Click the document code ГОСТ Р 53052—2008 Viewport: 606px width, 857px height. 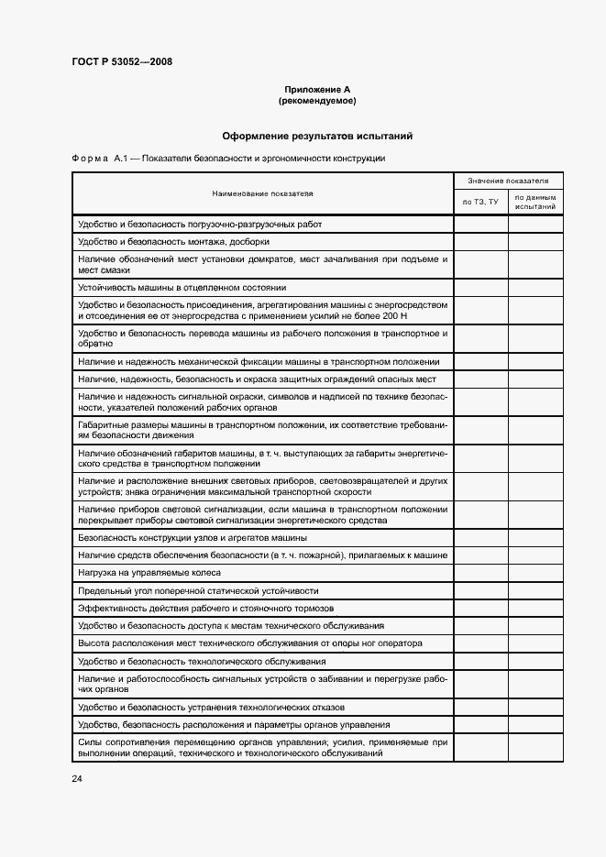click(121, 62)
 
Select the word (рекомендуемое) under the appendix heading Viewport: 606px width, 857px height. click(317, 100)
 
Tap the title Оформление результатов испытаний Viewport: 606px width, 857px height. click(317, 136)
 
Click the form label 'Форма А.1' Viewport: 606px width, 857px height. click(104, 159)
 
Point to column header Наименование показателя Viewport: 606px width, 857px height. click(262, 193)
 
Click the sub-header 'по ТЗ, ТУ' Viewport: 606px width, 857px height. click(480, 202)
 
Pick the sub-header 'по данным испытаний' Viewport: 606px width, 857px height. click(535, 203)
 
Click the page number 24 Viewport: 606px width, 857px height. click(76, 778)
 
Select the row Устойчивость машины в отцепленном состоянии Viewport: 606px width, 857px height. click(182, 287)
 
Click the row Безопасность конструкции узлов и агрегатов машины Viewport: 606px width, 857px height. click(193, 538)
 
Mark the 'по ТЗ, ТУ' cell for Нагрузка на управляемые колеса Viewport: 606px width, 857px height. click(480, 573)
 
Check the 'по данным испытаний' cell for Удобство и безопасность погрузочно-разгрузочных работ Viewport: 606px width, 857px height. click(535, 225)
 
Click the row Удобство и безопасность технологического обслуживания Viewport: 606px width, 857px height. click(202, 662)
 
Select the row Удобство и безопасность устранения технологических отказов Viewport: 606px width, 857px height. click(211, 707)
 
